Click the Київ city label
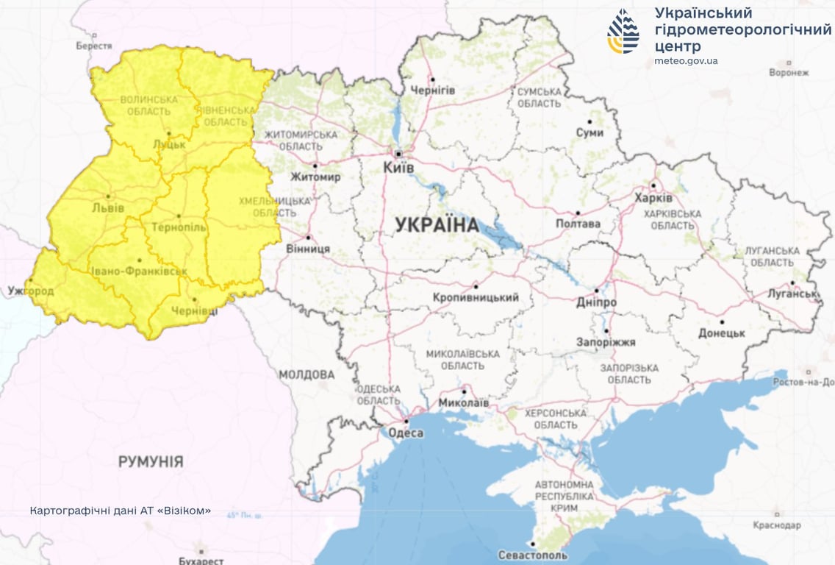point(398,168)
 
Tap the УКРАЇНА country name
point(437,225)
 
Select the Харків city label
point(654,199)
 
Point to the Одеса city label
point(405,433)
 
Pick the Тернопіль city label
point(179,227)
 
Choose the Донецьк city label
point(721,333)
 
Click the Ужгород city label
point(30,291)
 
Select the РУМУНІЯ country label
point(151,462)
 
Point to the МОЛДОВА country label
point(306,374)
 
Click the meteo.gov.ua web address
point(685,60)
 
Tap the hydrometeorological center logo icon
point(623,32)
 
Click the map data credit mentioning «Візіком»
point(121,510)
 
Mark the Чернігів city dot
point(433,79)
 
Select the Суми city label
point(589,132)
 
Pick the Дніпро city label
point(597,302)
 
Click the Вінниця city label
point(309,249)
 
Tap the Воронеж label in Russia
point(788,73)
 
